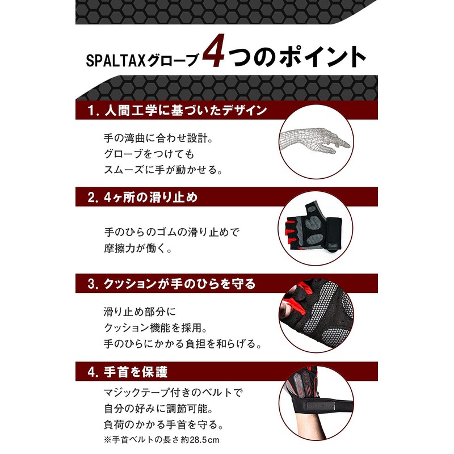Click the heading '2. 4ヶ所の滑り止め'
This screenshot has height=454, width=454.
point(142,197)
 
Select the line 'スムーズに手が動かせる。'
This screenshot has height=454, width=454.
point(162,169)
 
